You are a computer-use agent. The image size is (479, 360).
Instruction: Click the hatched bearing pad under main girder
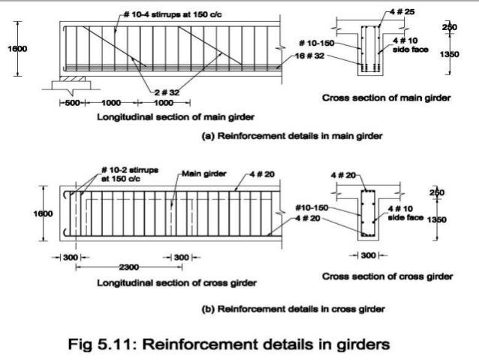click(68, 77)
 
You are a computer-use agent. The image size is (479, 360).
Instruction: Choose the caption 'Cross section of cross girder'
click(387, 276)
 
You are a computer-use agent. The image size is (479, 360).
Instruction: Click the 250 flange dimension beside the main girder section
click(449, 27)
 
